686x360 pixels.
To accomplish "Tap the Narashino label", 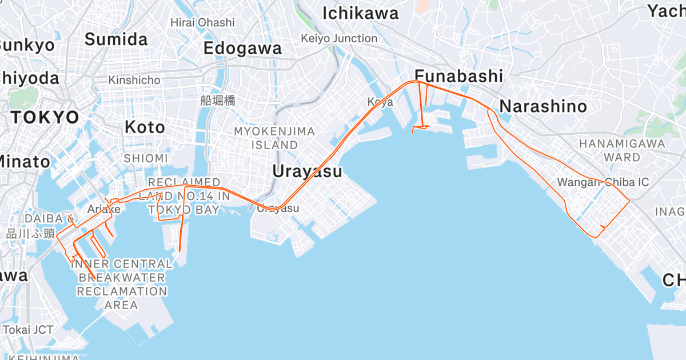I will coord(543,106).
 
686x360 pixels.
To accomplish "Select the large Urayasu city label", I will coord(307,171).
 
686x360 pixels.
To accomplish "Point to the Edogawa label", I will coord(243,48).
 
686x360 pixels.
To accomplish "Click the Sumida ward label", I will coord(116,39).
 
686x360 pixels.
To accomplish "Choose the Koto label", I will coord(145,127).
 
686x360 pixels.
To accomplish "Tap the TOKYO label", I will coord(45,118).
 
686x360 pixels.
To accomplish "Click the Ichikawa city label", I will coord(360,14).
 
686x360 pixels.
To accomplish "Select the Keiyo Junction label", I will coord(340,38).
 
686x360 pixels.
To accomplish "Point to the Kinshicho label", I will coord(134,80).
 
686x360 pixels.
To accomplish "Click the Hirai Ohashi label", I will coord(202,22).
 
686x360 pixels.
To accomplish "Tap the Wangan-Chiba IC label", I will coord(603,182).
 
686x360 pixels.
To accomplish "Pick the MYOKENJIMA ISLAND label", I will coord(274,138).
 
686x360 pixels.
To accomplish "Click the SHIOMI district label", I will coord(145,158).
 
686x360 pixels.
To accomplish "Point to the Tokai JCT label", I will coord(28,330).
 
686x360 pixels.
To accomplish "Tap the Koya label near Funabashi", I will coord(380,102).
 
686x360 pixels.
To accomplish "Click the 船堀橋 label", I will coord(218,101).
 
